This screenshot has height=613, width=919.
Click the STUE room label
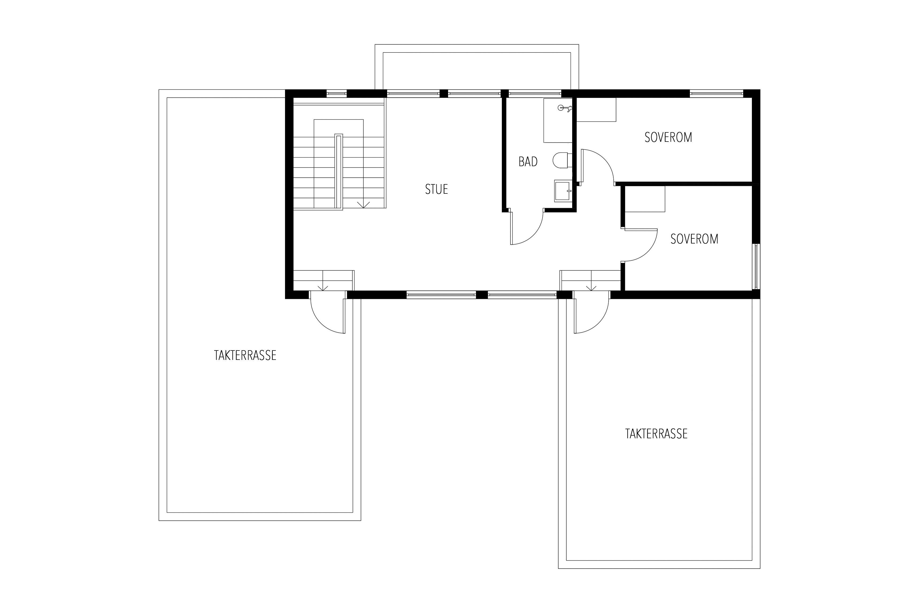coord(436,189)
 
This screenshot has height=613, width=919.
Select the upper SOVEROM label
coord(668,137)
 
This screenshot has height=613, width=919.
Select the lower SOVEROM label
coord(694,239)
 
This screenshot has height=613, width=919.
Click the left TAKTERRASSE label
coord(245,355)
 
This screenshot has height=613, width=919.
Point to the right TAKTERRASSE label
coord(656,434)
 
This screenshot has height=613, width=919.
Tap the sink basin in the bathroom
coord(563,191)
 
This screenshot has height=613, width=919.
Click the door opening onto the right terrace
coord(591,316)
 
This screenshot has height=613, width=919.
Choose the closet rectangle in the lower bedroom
coord(645,199)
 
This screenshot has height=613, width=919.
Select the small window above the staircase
coord(336,93)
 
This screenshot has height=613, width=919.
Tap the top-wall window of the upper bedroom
coord(716,93)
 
